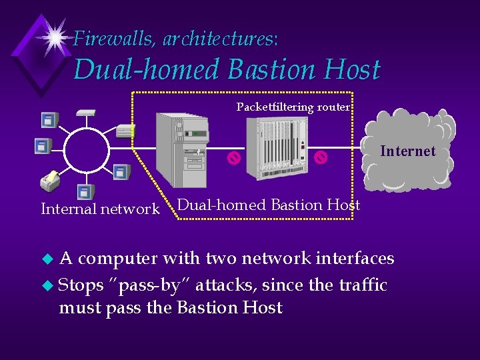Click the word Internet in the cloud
(407, 151)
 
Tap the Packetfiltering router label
(293, 107)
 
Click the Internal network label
(100, 209)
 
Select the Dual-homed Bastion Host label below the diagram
(269, 205)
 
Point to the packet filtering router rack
(277, 149)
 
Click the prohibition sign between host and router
(233, 158)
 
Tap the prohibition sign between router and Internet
(321, 158)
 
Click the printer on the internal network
(49, 180)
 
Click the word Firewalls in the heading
(112, 39)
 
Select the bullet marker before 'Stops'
(45, 286)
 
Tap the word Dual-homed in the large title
(147, 69)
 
